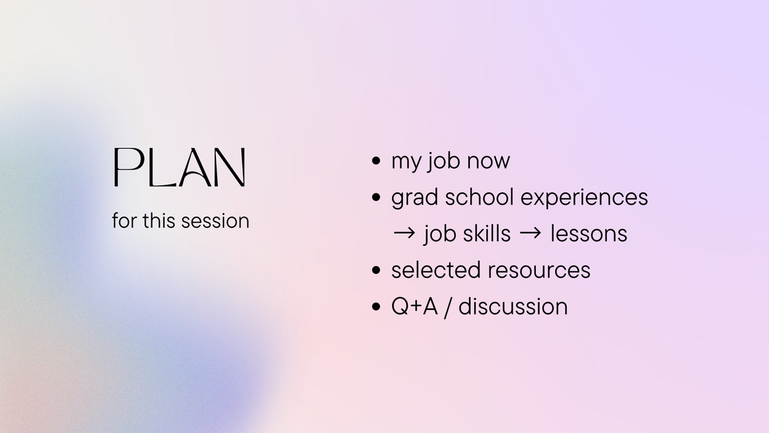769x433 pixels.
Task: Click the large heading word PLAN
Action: (x=179, y=168)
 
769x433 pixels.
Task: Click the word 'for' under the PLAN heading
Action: (x=124, y=221)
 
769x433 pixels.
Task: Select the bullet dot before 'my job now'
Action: (x=376, y=161)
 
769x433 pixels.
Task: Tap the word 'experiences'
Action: (x=585, y=198)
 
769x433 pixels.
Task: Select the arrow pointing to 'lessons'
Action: (x=530, y=233)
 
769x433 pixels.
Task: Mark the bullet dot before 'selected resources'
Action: (x=376, y=270)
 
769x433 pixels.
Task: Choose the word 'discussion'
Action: (x=513, y=307)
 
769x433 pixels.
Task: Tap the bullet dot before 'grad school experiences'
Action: (x=376, y=198)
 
